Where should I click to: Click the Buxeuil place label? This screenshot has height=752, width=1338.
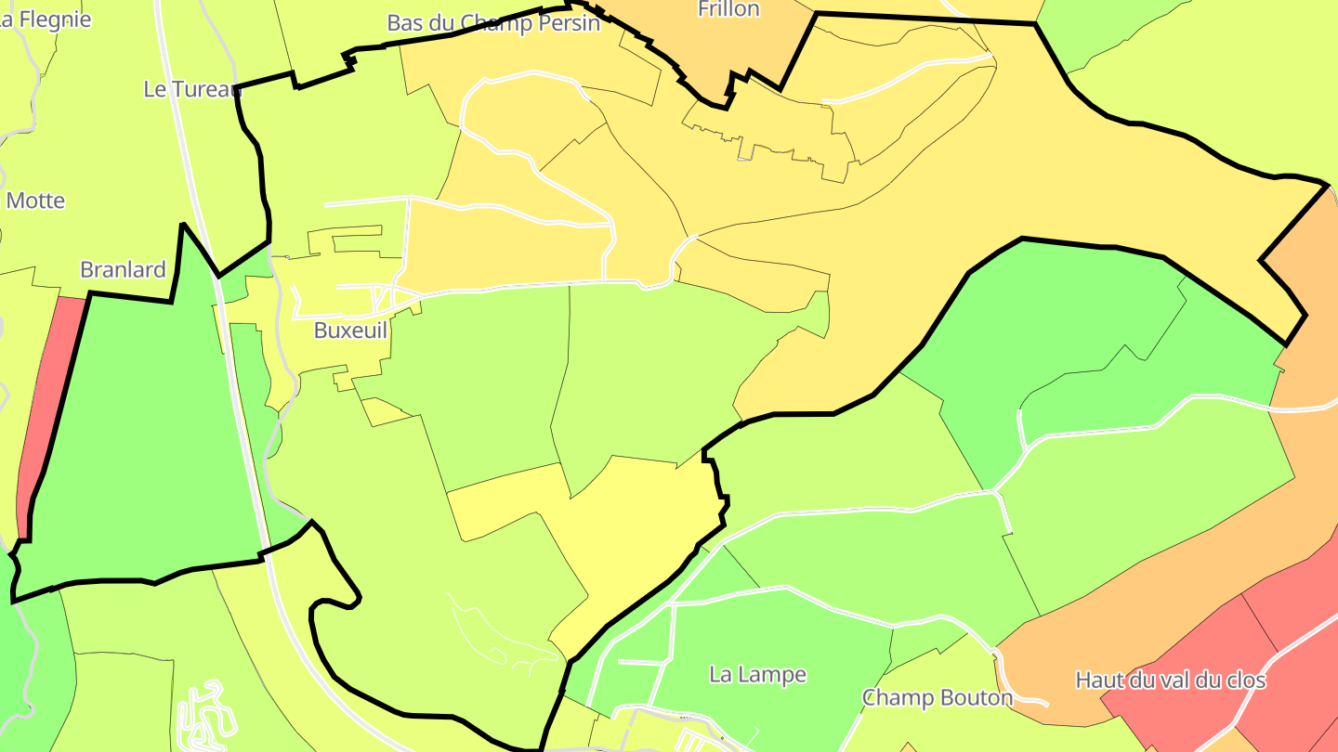coord(350,331)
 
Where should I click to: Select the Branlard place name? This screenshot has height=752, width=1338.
coord(123,270)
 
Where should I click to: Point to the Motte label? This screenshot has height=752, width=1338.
coord(35,201)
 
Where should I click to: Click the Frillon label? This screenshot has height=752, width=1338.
coord(728,9)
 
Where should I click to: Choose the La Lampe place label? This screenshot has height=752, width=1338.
coord(758,674)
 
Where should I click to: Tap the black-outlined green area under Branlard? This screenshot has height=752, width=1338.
coord(139,436)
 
